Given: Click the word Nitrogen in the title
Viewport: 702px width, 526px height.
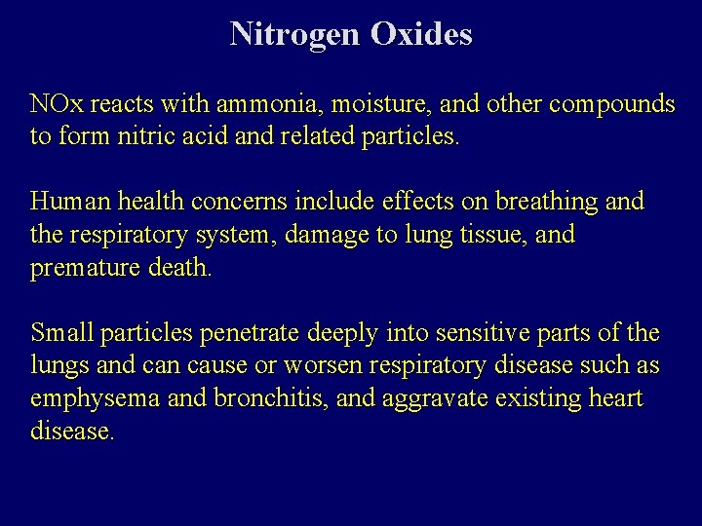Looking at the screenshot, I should coord(295,35).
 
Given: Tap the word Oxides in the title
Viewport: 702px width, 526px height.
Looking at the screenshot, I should coord(421,35).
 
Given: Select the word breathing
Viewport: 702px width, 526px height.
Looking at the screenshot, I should coord(546,202).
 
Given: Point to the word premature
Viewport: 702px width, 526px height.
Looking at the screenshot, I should coord(82,268).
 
